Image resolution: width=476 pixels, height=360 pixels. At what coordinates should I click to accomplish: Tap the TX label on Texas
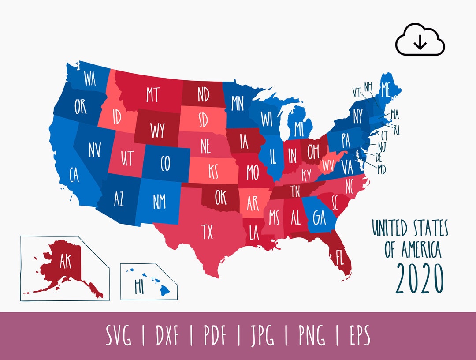pos(207,231)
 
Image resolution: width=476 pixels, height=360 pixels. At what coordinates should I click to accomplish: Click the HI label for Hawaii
pos(141,285)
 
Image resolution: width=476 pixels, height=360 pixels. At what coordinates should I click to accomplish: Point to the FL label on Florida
pos(339,258)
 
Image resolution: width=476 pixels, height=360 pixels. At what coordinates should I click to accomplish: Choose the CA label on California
pos(74,175)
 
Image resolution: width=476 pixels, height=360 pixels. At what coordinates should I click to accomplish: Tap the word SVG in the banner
pos(118,337)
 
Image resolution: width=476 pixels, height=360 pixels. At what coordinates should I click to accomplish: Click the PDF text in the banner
pos(215,337)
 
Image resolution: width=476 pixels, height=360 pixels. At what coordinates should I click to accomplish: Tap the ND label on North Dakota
pos(204,95)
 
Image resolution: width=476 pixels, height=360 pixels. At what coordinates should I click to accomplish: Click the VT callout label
pos(357,91)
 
